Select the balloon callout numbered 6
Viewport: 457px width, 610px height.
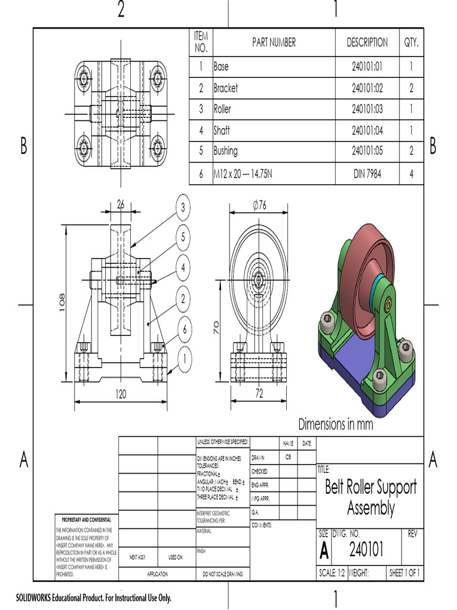point(184,328)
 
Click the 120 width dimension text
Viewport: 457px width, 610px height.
point(121,394)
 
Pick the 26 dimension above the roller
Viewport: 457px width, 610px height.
point(121,204)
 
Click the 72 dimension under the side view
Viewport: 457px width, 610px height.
point(259,394)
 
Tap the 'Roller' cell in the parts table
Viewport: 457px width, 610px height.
point(223,109)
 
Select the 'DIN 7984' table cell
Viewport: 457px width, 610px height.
point(367,174)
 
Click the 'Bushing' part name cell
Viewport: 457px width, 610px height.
point(226,151)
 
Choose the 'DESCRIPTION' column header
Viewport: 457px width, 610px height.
point(367,42)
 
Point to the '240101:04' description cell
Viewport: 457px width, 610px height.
point(367,130)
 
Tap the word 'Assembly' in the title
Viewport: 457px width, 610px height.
point(370,508)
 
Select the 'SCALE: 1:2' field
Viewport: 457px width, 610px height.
point(331,573)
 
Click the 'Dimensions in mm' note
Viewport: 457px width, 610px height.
point(336,424)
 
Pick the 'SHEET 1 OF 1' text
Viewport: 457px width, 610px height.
point(405,573)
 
